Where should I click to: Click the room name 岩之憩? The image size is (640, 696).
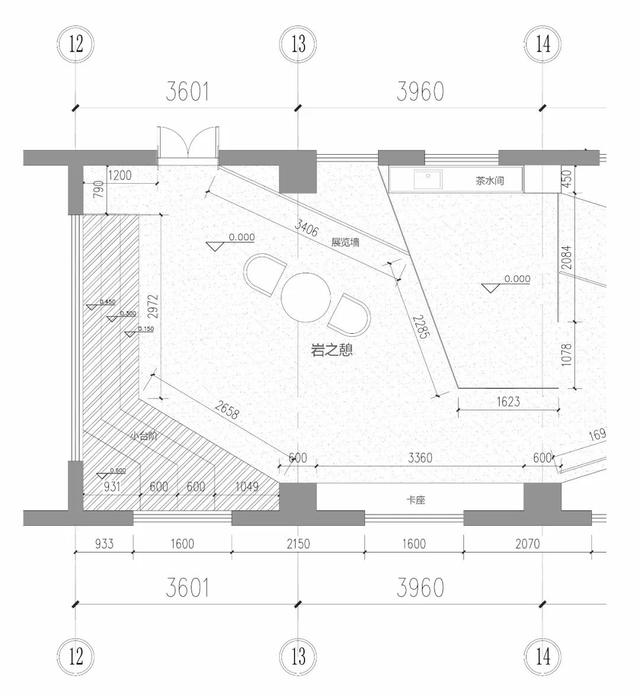(332, 351)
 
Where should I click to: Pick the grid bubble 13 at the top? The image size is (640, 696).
(298, 43)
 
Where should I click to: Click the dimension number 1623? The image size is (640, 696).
(509, 402)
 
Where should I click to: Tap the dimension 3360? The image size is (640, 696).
(419, 459)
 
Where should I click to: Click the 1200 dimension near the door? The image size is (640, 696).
(119, 176)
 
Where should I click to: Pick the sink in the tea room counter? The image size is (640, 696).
(433, 180)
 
